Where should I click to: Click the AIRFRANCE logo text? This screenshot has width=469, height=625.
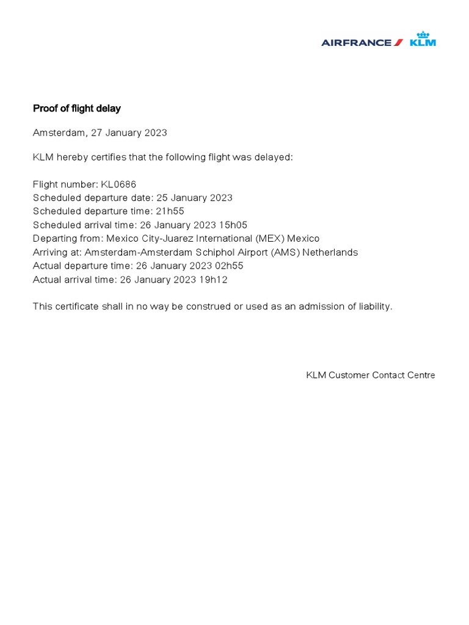pos(357,43)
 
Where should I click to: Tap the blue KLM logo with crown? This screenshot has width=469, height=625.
pos(423,40)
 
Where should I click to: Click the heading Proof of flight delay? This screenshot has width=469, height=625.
pos(76,109)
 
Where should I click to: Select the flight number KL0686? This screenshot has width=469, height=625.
pos(123,184)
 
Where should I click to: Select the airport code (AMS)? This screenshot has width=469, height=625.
pos(283,252)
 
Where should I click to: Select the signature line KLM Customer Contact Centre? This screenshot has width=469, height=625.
pos(370,375)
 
